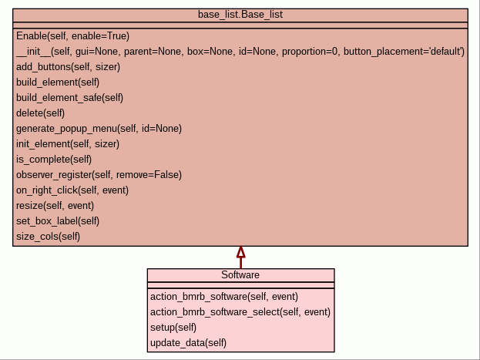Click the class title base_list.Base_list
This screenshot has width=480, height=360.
[x=240, y=15]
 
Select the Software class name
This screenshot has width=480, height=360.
[x=240, y=275]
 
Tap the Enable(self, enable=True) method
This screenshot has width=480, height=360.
[x=72, y=36]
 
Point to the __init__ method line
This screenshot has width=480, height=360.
[x=240, y=52]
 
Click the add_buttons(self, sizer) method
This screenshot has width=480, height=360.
[x=68, y=67]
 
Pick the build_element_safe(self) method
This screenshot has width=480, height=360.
[x=69, y=98]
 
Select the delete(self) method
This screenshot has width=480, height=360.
[x=40, y=113]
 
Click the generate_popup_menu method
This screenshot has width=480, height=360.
[x=99, y=129]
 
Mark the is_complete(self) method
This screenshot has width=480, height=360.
[x=54, y=160]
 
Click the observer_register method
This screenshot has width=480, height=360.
[x=99, y=175]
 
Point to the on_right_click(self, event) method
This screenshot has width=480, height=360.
[x=72, y=190]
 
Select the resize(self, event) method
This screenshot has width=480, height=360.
[x=55, y=206]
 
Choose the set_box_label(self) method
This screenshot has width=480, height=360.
[x=58, y=221]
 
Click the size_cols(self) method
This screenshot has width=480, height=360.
[x=48, y=237]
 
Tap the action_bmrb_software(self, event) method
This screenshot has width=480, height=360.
[x=224, y=296]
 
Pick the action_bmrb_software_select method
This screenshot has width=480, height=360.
[x=240, y=311]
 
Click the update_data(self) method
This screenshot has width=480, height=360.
[x=188, y=342]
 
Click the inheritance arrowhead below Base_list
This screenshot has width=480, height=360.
[x=240, y=252]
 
